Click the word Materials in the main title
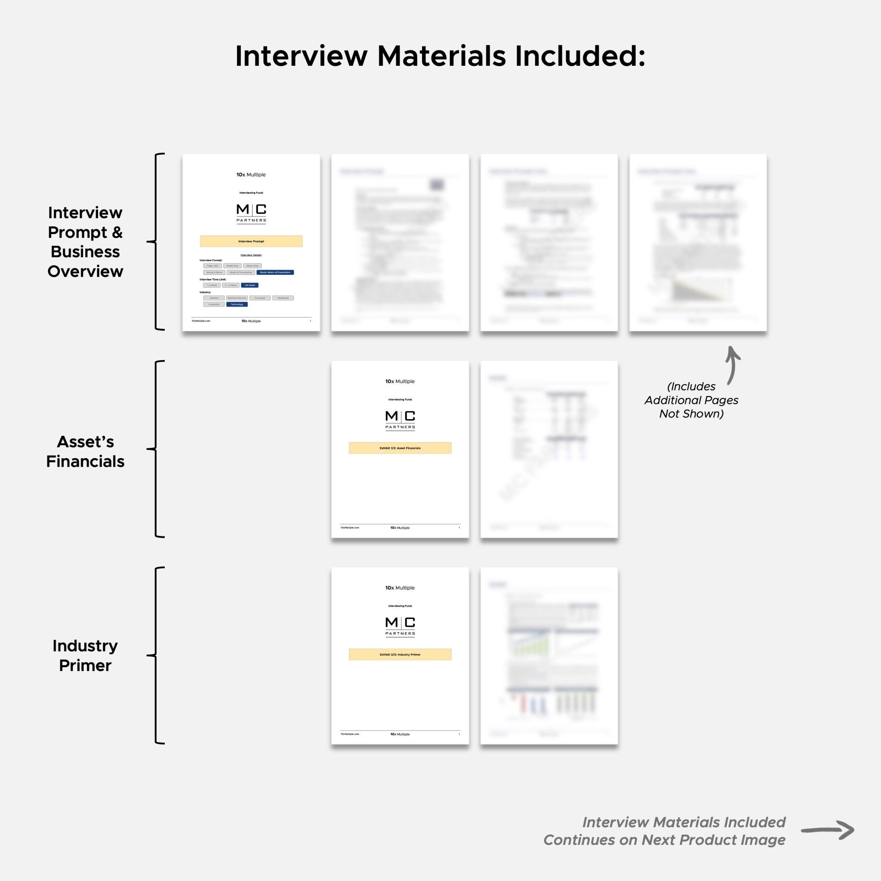point(441,56)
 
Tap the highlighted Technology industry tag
point(237,304)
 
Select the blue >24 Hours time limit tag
point(250,285)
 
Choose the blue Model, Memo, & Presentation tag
point(275,272)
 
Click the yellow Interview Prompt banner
point(251,241)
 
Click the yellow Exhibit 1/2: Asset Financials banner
point(400,448)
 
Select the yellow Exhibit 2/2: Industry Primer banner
point(400,654)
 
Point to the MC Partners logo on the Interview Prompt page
point(251,213)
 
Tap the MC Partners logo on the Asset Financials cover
point(400,419)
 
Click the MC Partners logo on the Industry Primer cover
point(400,626)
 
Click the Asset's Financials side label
point(85,451)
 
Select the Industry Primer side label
point(85,655)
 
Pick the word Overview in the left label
point(85,271)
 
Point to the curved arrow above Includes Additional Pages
point(732,365)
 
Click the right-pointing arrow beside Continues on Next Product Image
point(828,830)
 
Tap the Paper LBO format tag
point(213,266)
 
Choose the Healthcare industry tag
point(283,298)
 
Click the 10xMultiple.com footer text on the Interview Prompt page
point(201,321)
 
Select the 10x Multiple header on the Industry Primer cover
point(400,588)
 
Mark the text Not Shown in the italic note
point(691,413)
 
